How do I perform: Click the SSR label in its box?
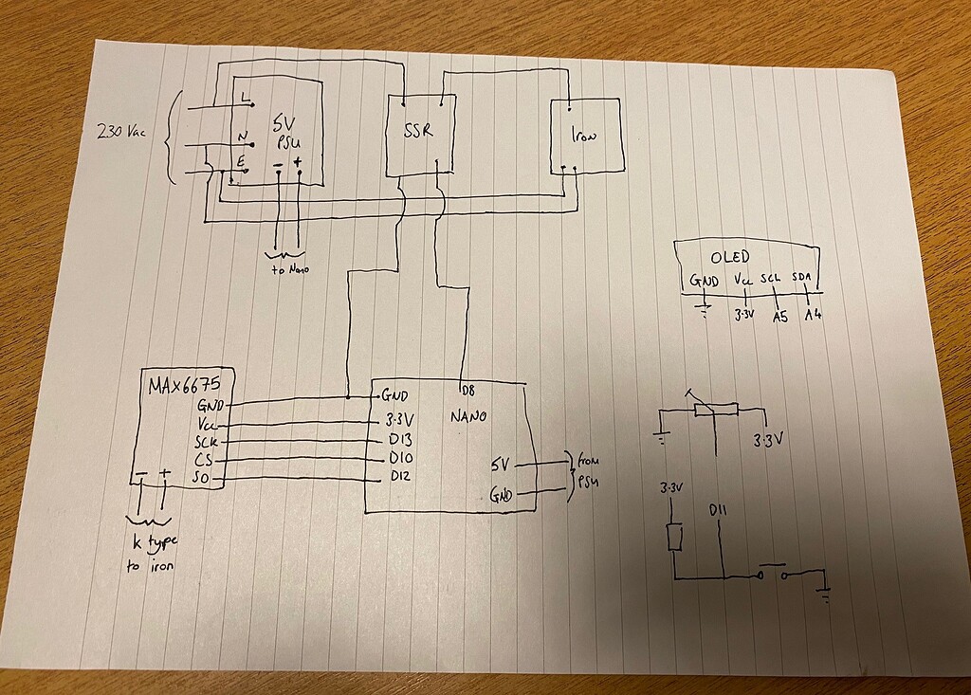(416, 131)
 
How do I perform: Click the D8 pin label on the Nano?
(466, 391)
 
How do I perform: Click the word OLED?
(730, 257)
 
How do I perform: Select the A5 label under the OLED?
(780, 317)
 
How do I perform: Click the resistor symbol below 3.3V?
(674, 537)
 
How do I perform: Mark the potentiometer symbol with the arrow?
(716, 408)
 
